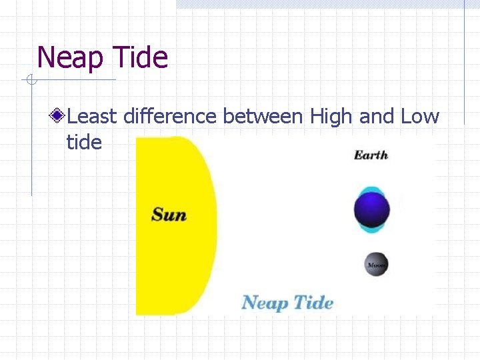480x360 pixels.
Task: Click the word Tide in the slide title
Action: point(141,57)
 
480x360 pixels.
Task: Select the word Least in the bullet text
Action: point(93,117)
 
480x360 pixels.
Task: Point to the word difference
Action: point(170,117)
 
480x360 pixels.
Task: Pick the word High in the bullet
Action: point(332,117)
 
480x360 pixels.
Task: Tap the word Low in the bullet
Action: point(420,117)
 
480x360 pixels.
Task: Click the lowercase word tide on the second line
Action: point(84,142)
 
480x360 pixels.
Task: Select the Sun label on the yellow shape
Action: point(169,215)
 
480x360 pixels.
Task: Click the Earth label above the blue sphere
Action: point(371,155)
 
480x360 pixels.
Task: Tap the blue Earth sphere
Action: point(371,210)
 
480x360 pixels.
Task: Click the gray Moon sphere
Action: point(376,265)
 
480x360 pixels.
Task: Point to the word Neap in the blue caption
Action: point(265,303)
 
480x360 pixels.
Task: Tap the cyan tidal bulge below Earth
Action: point(371,229)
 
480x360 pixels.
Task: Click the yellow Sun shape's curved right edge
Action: point(215,220)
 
